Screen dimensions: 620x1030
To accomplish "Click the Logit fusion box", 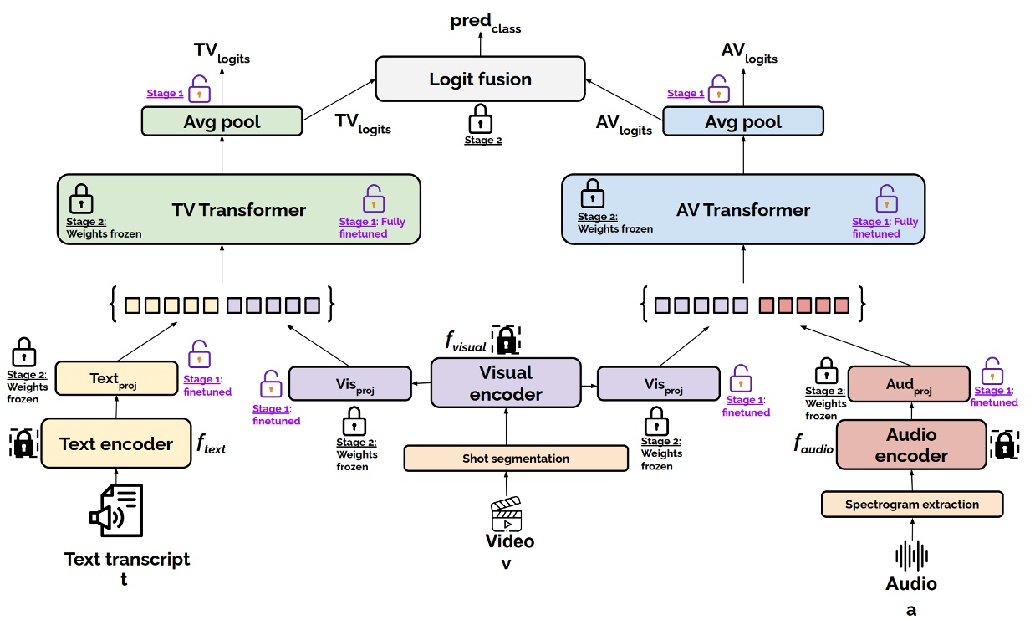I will (480, 79).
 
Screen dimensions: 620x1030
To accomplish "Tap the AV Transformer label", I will (743, 210).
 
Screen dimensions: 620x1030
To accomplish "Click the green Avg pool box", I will (222, 122).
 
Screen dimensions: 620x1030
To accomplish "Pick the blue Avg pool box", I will (742, 122).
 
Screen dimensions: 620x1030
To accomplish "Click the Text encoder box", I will (116, 444).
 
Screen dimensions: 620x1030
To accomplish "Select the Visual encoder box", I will (506, 383).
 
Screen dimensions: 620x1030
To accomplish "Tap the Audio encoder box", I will (911, 445).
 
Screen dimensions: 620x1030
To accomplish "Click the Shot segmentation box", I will (515, 459).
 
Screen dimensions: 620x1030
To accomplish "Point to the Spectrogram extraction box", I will (911, 505).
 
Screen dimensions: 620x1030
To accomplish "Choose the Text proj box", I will (116, 379).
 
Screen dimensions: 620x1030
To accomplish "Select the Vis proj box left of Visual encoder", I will (349, 383).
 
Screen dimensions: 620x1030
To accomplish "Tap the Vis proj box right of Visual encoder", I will (658, 383).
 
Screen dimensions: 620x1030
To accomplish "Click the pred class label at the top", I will (484, 23).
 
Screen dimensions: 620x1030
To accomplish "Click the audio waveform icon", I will (911, 556).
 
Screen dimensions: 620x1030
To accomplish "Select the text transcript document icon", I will (117, 510).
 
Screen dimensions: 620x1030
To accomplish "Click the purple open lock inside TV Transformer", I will (373, 198).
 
